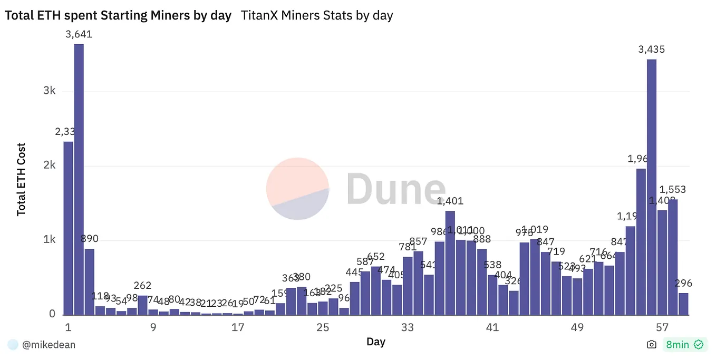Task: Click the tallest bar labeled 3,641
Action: [79, 179]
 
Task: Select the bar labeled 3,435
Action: [651, 187]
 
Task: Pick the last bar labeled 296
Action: [683, 304]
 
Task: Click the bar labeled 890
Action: [90, 281]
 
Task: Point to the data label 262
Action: [142, 286]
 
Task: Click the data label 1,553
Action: [673, 190]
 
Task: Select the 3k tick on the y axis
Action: [50, 91]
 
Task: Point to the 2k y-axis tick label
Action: [50, 166]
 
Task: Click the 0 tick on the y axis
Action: [52, 314]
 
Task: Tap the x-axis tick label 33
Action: [407, 327]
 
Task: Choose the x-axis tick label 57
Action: [662, 327]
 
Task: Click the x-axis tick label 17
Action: [238, 327]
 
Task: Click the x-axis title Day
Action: [376, 342]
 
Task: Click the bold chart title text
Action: [118, 16]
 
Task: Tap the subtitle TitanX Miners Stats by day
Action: [317, 16]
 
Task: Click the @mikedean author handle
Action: [49, 345]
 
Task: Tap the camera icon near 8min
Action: [652, 345]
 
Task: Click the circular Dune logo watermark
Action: [298, 188]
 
